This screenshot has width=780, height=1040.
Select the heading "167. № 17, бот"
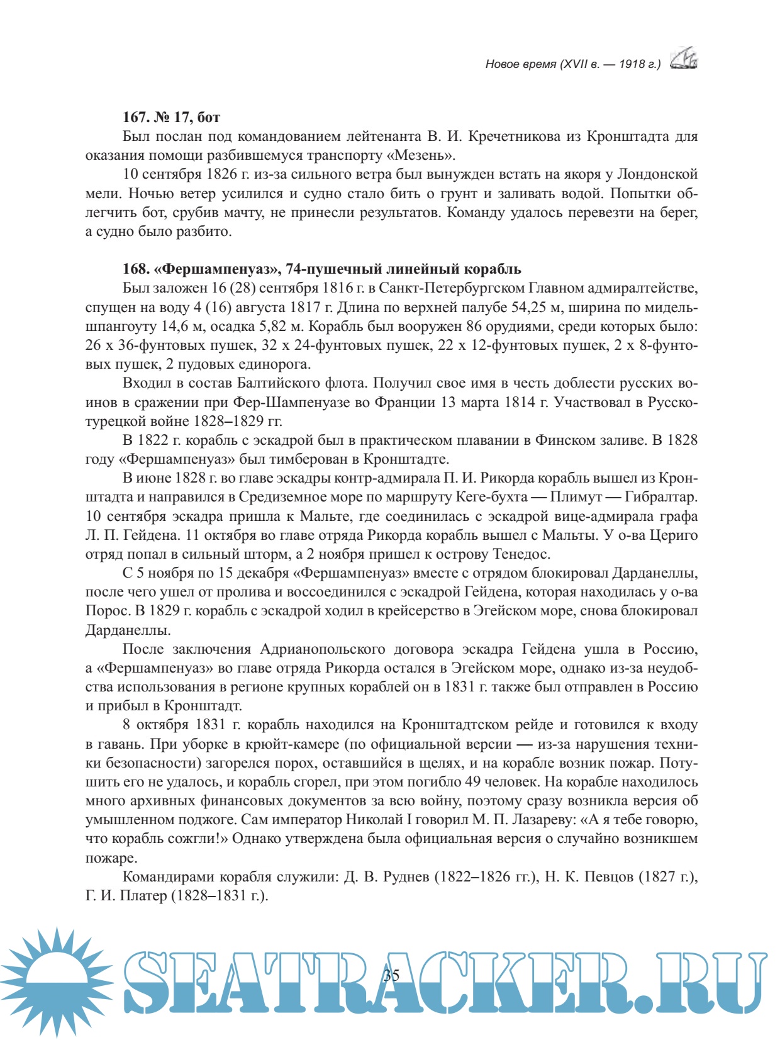[171, 117]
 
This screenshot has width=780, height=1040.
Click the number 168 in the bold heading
[135, 269]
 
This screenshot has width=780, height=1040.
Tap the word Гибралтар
[660, 497]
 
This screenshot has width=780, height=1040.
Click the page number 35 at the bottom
[391, 976]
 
